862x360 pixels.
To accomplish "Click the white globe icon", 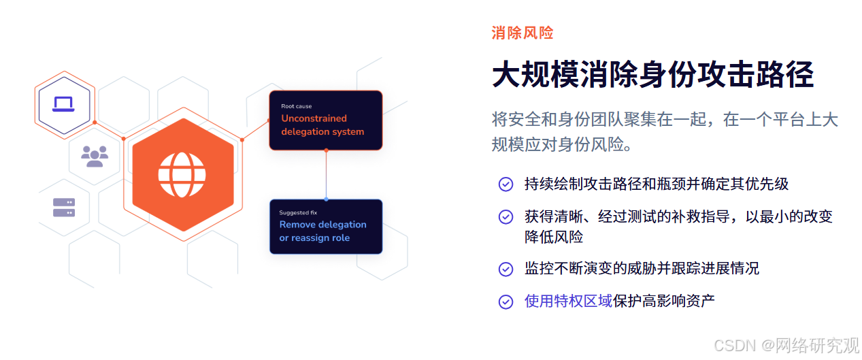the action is pos(182,175).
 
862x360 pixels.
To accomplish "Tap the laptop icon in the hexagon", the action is pos(63,104).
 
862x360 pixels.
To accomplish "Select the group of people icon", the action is pos(95,157).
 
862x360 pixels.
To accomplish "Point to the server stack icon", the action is pos(64,208).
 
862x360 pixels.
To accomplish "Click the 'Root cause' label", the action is pos(297,106).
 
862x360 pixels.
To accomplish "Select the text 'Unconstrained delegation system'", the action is pos(322,125).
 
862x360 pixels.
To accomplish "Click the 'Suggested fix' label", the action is pos(298,212).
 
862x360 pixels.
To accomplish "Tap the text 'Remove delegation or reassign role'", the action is pos(323,231).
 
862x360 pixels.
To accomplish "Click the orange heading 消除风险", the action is pos(523,33).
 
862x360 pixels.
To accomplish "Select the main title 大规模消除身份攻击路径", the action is pos(652,74).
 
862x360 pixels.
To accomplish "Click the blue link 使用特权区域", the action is pos(568,301).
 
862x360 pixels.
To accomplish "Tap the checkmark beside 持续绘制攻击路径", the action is pos(505,184).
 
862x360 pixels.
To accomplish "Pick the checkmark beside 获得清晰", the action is pos(505,217).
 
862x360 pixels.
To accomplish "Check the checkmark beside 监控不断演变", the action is pos(505,269).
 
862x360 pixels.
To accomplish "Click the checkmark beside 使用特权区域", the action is pos(505,301).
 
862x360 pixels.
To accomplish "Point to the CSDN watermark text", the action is pos(786,346).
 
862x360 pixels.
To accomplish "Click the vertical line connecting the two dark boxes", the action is pos(327,175).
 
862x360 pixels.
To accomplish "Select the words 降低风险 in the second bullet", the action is pos(554,237).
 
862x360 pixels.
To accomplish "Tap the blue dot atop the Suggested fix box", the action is pos(327,199).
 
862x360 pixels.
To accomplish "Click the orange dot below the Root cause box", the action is pos(327,150).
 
